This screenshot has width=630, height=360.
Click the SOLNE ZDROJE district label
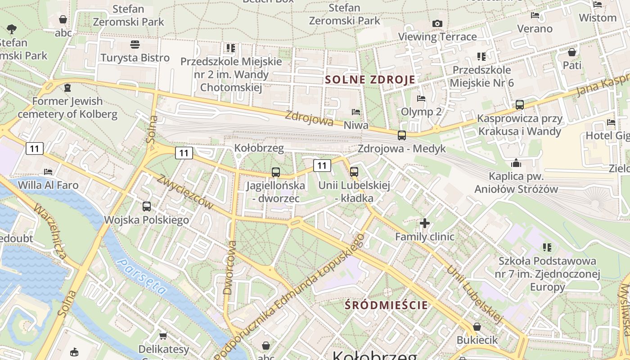[370, 80]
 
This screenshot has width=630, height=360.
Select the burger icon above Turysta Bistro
[135, 44]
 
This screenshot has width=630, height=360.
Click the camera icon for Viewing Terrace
[437, 23]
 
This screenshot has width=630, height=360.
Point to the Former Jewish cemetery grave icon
[67, 87]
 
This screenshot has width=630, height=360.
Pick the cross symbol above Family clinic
[424, 223]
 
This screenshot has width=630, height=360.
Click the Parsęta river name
[141, 276]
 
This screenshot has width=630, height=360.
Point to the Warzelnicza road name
[50, 232]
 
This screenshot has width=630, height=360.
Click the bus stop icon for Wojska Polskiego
[147, 207]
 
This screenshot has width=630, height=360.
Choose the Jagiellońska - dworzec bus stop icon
[275, 172]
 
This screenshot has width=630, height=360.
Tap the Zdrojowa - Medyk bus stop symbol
[401, 135]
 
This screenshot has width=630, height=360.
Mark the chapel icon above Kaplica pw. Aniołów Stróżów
[516, 163]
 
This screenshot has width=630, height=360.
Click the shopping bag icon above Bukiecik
[477, 327]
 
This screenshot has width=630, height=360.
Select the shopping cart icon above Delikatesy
[163, 336]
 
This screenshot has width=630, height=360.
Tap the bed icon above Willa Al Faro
[48, 171]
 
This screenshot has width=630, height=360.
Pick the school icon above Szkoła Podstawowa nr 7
[547, 247]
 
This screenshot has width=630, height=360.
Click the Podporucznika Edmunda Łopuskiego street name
[295, 297]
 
